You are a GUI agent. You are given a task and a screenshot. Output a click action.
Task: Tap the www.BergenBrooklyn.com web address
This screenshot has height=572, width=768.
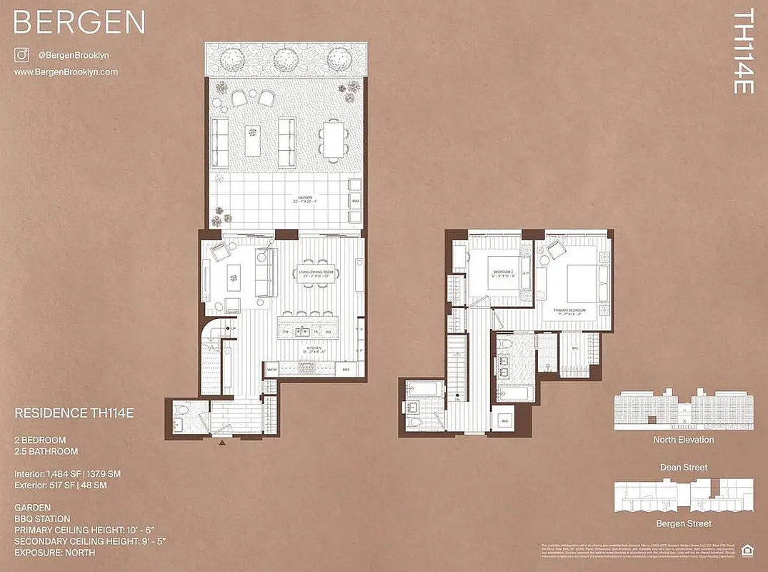[66, 72]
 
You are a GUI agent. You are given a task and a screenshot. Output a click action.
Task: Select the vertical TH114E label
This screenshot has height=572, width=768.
[744, 51]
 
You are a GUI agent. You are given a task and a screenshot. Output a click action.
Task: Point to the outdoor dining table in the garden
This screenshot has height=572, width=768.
[333, 139]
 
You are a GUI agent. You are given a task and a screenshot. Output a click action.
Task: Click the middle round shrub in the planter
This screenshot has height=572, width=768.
[286, 56]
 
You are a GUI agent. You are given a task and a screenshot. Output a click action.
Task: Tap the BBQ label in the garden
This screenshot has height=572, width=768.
[355, 202]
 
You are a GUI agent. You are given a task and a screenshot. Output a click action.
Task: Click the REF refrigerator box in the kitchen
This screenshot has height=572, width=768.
[346, 370]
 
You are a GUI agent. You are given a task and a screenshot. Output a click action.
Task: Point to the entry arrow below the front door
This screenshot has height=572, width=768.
[222, 443]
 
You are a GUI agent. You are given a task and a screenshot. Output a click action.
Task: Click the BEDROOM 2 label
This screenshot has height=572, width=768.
[503, 274]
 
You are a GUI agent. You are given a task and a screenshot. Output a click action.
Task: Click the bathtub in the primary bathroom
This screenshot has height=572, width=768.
[513, 393]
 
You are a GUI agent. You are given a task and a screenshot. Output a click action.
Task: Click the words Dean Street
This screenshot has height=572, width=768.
[684, 468]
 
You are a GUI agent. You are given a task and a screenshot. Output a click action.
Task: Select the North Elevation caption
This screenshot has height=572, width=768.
[684, 440]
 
